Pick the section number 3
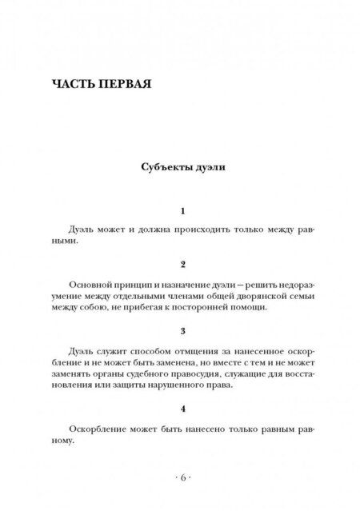point(183,329)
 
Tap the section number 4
point(183,408)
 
